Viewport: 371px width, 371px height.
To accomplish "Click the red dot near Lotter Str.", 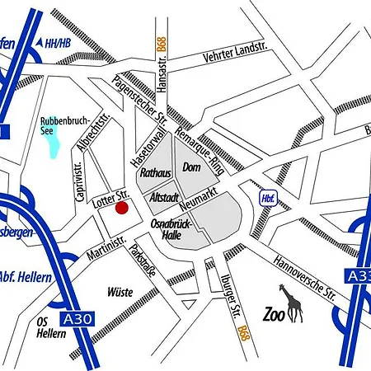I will tap(121, 207).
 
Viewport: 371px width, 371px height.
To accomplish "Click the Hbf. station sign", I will tap(268, 199).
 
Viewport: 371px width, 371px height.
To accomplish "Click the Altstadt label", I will tap(165, 199).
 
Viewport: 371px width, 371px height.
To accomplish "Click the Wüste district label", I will tap(120, 291).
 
